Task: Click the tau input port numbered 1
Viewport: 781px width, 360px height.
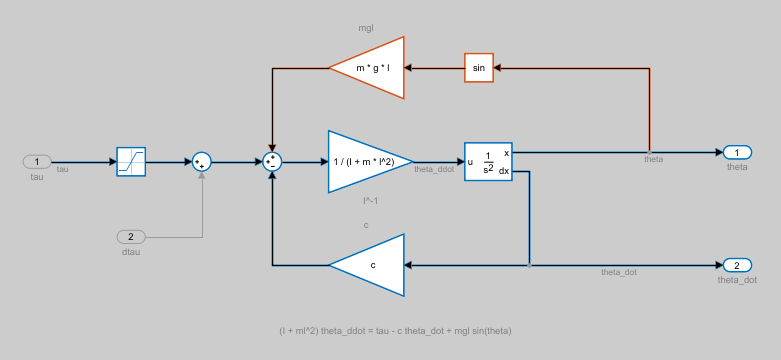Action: coord(37,161)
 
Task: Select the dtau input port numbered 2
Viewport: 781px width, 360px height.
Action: coord(131,237)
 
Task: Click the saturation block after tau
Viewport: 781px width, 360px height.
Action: coord(131,161)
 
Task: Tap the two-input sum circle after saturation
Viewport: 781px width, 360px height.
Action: coord(202,161)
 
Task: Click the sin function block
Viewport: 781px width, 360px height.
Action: coord(479,68)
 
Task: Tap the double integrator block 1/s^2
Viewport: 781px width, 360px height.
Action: coord(488,161)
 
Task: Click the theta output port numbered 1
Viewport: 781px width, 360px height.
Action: coord(737,152)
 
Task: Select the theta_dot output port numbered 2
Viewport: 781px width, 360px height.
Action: coord(737,265)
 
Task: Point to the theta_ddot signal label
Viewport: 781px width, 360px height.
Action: coord(434,170)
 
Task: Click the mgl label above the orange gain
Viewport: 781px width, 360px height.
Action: coord(366,28)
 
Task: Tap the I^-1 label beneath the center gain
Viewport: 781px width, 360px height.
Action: coord(370,201)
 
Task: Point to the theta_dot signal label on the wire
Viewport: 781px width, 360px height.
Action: coord(618,272)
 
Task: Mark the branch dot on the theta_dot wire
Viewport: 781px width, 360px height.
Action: coord(529,265)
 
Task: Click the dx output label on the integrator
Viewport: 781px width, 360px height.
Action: coord(504,171)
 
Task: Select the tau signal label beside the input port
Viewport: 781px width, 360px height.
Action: coord(62,169)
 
